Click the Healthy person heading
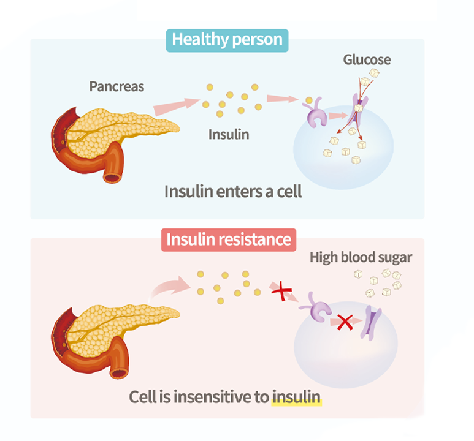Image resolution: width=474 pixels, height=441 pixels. click(x=227, y=40)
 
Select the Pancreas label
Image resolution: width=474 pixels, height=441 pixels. click(x=117, y=86)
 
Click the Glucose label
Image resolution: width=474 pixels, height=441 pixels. click(x=367, y=60)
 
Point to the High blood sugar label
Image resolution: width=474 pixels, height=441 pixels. click(x=361, y=257)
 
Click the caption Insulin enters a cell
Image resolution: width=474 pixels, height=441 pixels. click(x=233, y=191)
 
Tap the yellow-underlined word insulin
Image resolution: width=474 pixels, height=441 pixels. click(x=297, y=397)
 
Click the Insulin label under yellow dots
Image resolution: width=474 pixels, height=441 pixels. click(x=229, y=134)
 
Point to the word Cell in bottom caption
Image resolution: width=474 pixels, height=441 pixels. click(x=142, y=397)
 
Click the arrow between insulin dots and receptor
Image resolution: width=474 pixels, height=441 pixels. click(x=280, y=99)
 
